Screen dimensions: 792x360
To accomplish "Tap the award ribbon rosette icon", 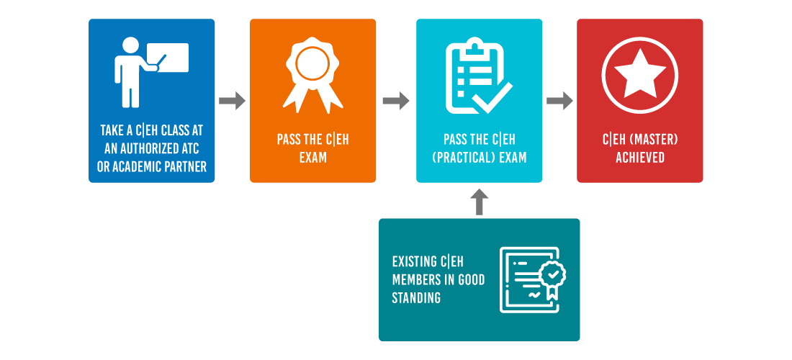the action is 312,73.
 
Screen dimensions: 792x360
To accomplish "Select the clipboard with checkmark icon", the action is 479,75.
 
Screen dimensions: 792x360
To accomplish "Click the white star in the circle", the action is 639,73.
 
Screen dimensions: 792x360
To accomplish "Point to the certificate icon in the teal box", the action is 532,279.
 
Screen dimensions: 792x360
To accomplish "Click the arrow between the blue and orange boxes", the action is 232,101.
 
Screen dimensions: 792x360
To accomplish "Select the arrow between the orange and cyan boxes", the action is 396,101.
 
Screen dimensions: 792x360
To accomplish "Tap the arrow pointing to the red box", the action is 559,101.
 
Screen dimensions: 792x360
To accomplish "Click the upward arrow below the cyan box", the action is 479,202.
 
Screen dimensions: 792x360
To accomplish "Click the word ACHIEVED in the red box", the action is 639,157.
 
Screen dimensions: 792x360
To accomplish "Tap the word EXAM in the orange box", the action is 312,157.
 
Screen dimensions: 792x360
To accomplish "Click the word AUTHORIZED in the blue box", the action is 153,149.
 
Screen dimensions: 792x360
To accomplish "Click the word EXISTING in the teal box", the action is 415,262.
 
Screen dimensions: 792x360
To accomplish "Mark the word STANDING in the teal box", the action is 416,298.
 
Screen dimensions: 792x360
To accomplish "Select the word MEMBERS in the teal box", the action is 415,279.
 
